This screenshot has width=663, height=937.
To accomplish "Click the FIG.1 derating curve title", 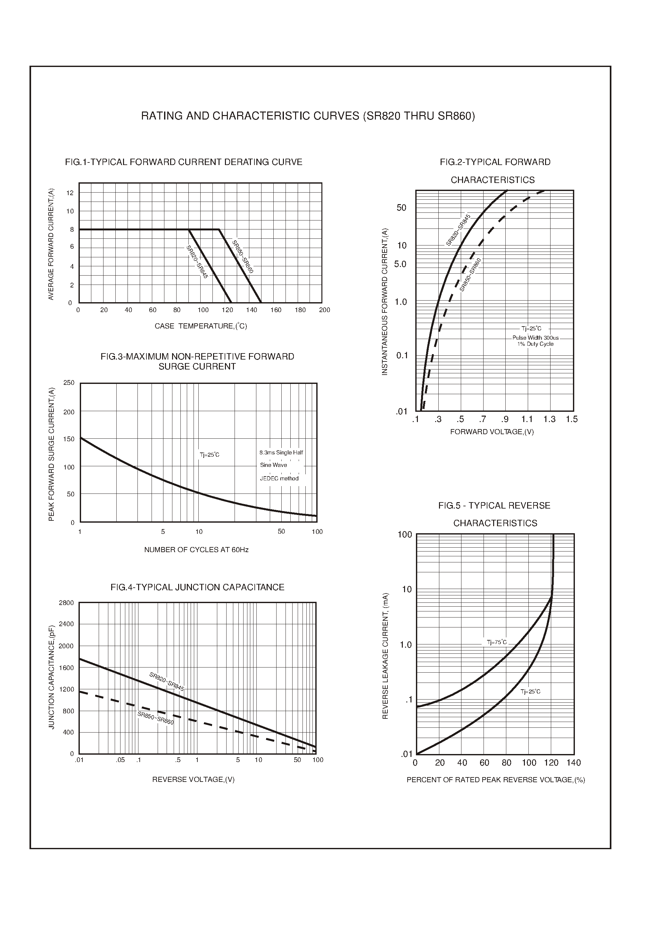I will click(x=183, y=162).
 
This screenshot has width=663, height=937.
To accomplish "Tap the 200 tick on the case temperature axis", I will click(x=325, y=310).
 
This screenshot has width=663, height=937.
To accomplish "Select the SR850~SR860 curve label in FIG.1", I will click(x=243, y=257).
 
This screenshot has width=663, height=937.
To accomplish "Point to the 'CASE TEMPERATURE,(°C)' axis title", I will click(x=201, y=326).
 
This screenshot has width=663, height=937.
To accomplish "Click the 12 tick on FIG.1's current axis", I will click(x=70, y=193).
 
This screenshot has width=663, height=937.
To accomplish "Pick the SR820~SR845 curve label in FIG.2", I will click(x=458, y=230).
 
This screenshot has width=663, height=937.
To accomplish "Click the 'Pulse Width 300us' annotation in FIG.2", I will click(x=535, y=338).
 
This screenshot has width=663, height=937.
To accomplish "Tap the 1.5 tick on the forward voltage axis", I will click(x=572, y=419).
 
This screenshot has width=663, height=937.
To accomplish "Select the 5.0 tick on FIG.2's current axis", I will click(x=400, y=264).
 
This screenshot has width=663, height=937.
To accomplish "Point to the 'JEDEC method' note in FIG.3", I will click(x=279, y=478).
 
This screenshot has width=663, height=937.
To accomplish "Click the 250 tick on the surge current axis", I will click(x=69, y=383).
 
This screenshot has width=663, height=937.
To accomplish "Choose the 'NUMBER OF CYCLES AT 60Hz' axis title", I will click(x=196, y=550).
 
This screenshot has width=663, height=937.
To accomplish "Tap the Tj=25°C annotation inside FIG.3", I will click(x=210, y=455).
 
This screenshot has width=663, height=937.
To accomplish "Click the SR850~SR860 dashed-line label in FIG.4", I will click(x=155, y=718).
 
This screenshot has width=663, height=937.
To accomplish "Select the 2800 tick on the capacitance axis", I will click(x=67, y=603).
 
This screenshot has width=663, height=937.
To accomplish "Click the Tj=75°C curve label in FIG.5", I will click(x=496, y=642).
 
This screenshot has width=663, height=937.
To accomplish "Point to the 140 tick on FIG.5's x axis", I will click(x=574, y=763).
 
